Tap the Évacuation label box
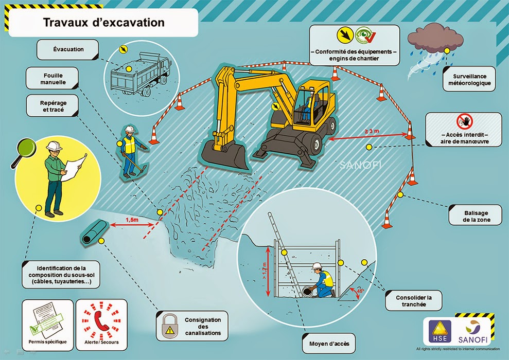point(68,50)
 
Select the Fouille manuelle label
point(54,79)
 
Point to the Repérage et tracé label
point(54,106)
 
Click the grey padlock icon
point(168,326)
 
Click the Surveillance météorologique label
point(466,79)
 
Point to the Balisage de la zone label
point(475,214)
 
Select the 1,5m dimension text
point(132,220)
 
